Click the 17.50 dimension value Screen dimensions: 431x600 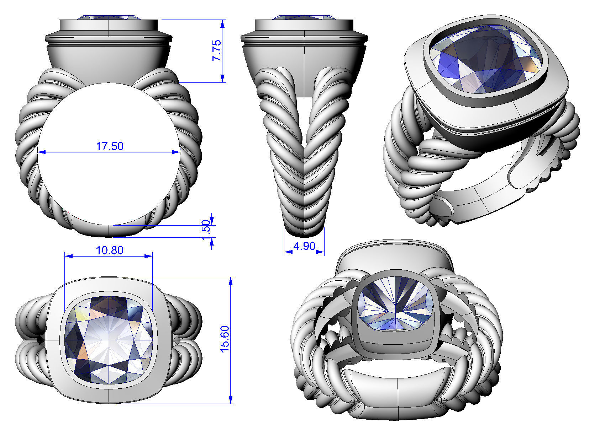pos(110,146)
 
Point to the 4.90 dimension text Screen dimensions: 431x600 pos(304,246)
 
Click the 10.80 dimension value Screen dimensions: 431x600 pos(110,250)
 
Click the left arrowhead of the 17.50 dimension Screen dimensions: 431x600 pos(42,152)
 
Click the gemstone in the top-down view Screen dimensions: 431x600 pos(109,340)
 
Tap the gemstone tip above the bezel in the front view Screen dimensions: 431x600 pos(109,17)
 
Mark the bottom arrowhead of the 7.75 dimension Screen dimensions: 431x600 pos(222,79)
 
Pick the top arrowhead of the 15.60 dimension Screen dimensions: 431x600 pos(231,281)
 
